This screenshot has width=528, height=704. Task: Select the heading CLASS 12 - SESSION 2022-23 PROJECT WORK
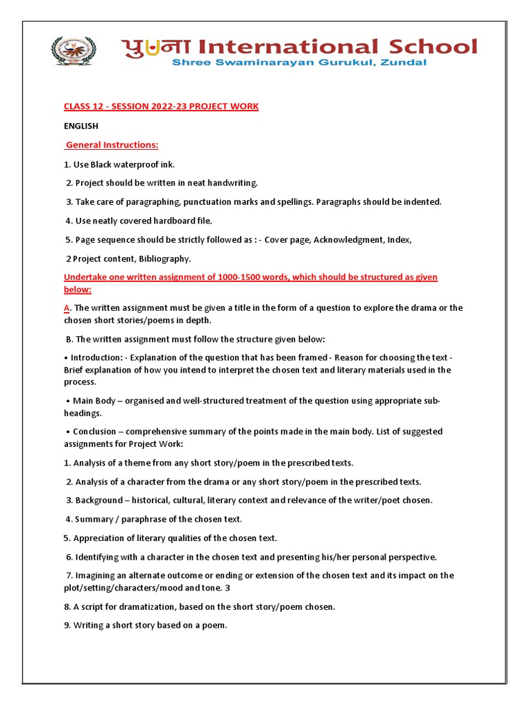161,107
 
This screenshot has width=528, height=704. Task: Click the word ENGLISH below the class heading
81,126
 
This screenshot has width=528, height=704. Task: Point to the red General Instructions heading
112,145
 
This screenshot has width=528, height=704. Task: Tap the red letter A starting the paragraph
67,308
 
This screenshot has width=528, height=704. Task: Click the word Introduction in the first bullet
97,357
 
